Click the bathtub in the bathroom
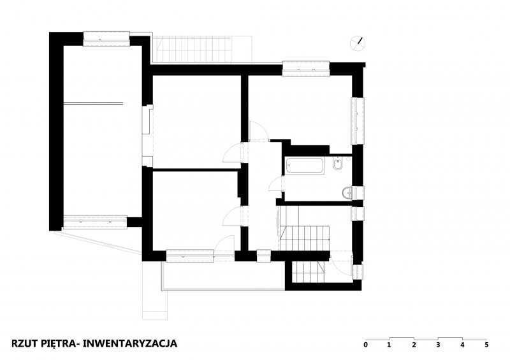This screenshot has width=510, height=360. pyautogui.click(x=305, y=165)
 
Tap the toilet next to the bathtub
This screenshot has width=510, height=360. pyautogui.click(x=338, y=164)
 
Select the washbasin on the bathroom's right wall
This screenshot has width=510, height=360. pyautogui.click(x=347, y=192)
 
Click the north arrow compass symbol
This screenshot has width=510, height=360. pyautogui.click(x=358, y=43)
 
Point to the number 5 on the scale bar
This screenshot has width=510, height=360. pyautogui.click(x=486, y=345)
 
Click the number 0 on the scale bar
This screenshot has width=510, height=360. pyautogui.click(x=365, y=345)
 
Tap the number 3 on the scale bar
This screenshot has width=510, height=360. pyautogui.click(x=438, y=345)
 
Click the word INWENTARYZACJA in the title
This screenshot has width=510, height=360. pyautogui.click(x=130, y=343)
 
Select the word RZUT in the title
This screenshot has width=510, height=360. pyautogui.click(x=24, y=343)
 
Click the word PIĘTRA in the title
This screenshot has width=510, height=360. pyautogui.click(x=59, y=343)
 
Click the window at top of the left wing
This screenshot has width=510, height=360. pyautogui.click(x=106, y=39)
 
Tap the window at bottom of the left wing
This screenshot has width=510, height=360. pyautogui.click(x=94, y=222)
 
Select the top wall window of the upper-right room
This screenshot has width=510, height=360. pyautogui.click(x=306, y=69)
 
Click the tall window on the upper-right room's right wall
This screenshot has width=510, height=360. pyautogui.click(x=358, y=120)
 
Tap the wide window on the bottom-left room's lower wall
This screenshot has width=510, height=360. pyautogui.click(x=190, y=256)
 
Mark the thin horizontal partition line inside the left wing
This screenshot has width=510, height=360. pyautogui.click(x=93, y=104)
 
